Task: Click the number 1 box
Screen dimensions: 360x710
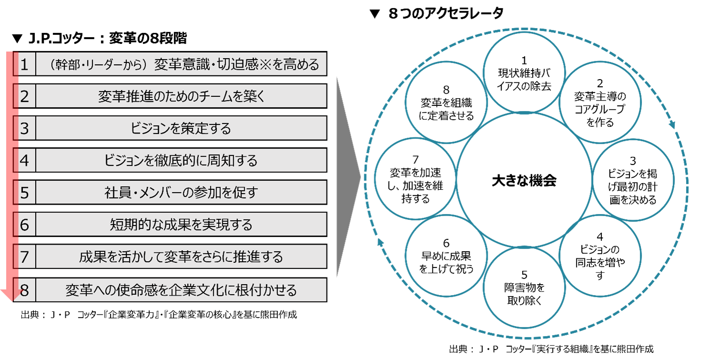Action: pos(24,64)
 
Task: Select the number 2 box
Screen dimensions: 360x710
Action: pos(24,96)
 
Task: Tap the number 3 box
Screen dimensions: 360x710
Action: pos(24,128)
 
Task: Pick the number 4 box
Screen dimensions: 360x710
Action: pos(24,160)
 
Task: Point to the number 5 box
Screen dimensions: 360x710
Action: pos(24,192)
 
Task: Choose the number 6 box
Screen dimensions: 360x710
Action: pos(24,225)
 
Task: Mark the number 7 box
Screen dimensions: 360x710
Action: pos(24,257)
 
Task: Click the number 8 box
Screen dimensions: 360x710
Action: pos(24,290)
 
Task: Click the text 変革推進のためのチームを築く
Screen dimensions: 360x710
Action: pos(181,96)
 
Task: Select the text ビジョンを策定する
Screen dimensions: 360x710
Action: pos(181,128)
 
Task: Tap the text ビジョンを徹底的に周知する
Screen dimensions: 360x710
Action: pos(181,160)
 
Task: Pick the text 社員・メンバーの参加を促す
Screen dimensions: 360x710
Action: pos(181,192)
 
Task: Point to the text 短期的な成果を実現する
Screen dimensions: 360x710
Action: pos(181,225)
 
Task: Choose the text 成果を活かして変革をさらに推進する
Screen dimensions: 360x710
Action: pos(181,257)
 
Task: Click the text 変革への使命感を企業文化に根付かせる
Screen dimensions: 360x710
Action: pos(181,290)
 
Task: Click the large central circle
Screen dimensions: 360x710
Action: pos(524,179)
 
